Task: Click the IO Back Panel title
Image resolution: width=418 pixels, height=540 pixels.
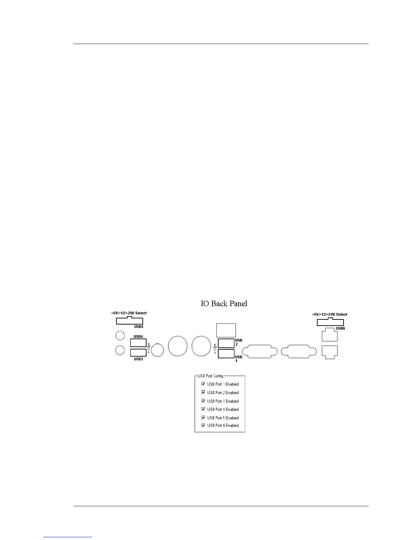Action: pos(224,303)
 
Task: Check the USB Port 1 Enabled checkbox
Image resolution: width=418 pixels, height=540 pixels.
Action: pos(204,384)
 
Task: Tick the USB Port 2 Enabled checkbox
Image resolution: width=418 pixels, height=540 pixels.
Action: pos(204,392)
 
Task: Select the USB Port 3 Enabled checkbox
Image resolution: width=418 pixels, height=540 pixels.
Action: pos(204,401)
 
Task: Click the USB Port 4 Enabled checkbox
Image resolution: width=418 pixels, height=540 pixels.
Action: pos(204,409)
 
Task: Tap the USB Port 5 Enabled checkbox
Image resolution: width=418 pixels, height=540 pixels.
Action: pos(204,418)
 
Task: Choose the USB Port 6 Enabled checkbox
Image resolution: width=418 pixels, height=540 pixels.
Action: pos(204,425)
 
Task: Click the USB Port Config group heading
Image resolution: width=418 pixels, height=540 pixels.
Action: pos(210,376)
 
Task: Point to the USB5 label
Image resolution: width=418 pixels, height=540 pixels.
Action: pos(138,327)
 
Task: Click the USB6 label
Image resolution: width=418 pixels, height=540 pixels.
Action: pos(340,328)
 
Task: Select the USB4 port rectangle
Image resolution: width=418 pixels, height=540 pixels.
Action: pos(138,343)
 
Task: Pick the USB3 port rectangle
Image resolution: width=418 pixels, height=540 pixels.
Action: pos(138,352)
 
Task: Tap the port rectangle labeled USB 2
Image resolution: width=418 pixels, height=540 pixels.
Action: pos(226,343)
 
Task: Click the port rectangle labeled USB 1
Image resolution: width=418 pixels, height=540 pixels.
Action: pos(226,354)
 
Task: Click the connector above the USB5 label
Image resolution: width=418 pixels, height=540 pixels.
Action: pos(129,321)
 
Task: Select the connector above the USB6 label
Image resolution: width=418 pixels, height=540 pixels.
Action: pos(330,322)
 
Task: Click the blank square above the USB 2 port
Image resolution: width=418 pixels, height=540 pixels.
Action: pos(226,330)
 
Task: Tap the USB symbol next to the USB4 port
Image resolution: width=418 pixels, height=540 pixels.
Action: pos(149,348)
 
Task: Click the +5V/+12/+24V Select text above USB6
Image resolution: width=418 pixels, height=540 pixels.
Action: pos(330,314)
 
